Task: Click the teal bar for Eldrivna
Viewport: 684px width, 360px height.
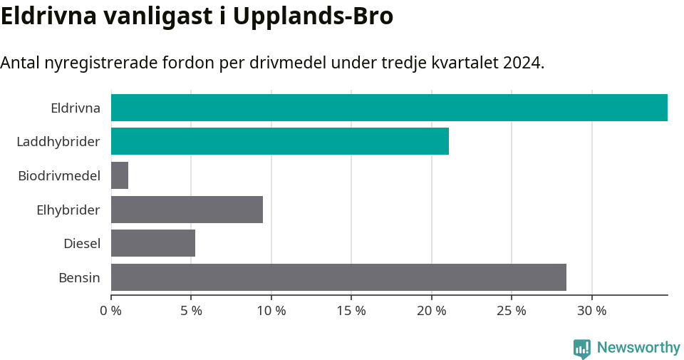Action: (x=389, y=108)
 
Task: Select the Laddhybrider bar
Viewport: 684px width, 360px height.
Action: (x=280, y=141)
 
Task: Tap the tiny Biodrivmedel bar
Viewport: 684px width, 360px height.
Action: (x=120, y=175)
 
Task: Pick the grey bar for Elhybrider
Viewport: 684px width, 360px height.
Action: (x=187, y=210)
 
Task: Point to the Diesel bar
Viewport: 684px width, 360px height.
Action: (x=153, y=243)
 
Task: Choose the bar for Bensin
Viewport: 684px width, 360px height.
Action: (x=338, y=277)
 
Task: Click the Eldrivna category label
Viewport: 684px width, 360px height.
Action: (x=75, y=108)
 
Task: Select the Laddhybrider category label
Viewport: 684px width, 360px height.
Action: (x=58, y=142)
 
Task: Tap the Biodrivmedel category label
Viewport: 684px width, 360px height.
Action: (x=59, y=175)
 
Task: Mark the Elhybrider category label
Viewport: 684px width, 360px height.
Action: (x=68, y=210)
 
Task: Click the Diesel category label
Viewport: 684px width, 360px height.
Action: (x=82, y=244)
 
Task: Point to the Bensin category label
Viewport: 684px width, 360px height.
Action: (x=79, y=277)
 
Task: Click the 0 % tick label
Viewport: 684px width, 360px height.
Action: (x=111, y=311)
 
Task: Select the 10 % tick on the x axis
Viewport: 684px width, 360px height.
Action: (x=271, y=311)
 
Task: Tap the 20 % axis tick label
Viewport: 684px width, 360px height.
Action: (x=432, y=311)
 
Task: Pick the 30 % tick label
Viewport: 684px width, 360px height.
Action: (x=592, y=311)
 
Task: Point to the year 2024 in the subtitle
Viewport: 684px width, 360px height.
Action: (x=522, y=63)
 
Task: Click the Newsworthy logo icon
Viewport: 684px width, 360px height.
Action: (x=582, y=349)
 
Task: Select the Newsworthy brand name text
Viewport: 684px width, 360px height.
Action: (x=638, y=348)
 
